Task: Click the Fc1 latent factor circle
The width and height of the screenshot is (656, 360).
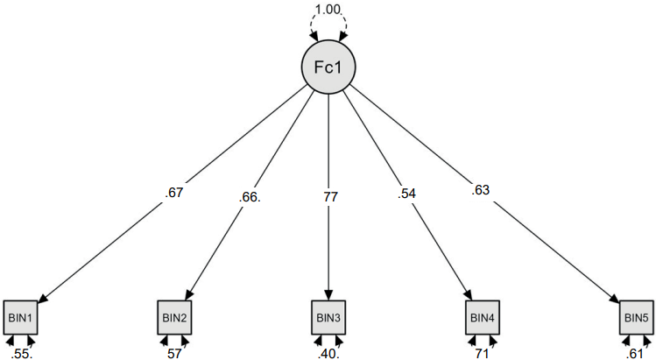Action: coord(328,68)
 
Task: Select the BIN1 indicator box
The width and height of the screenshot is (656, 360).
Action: coord(20,317)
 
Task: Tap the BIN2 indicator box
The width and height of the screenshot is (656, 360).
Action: coord(173,317)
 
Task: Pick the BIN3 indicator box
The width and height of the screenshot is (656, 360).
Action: coord(328,317)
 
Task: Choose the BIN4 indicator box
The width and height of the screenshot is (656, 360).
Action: coord(482,317)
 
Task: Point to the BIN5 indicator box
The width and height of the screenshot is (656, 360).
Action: coord(636,317)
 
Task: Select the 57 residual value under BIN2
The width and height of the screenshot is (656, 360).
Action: coord(174,352)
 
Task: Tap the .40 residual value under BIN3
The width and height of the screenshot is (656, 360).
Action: coord(328,352)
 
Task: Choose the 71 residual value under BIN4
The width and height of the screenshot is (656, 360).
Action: coord(483,352)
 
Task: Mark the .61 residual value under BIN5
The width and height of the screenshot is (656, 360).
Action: coord(636,352)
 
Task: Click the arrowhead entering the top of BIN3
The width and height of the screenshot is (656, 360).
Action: coord(328,296)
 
